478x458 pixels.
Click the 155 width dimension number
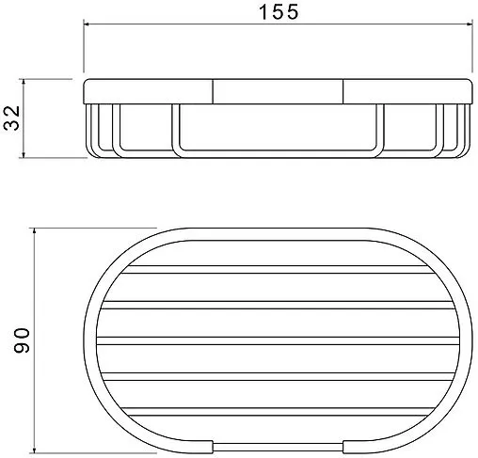coord(279,12)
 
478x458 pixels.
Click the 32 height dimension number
coord(12,118)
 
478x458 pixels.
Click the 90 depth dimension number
coord(22,340)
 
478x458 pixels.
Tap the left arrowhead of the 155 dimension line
coord(88,24)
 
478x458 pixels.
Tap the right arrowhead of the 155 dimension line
coord(469,24)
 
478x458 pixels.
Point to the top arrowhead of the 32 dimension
coord(24,83)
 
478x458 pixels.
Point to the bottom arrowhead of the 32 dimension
coord(24,154)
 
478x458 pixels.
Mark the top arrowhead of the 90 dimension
coord(34,232)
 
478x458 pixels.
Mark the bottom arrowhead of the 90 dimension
coord(34,449)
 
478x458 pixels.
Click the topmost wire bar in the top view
coord(278,270)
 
